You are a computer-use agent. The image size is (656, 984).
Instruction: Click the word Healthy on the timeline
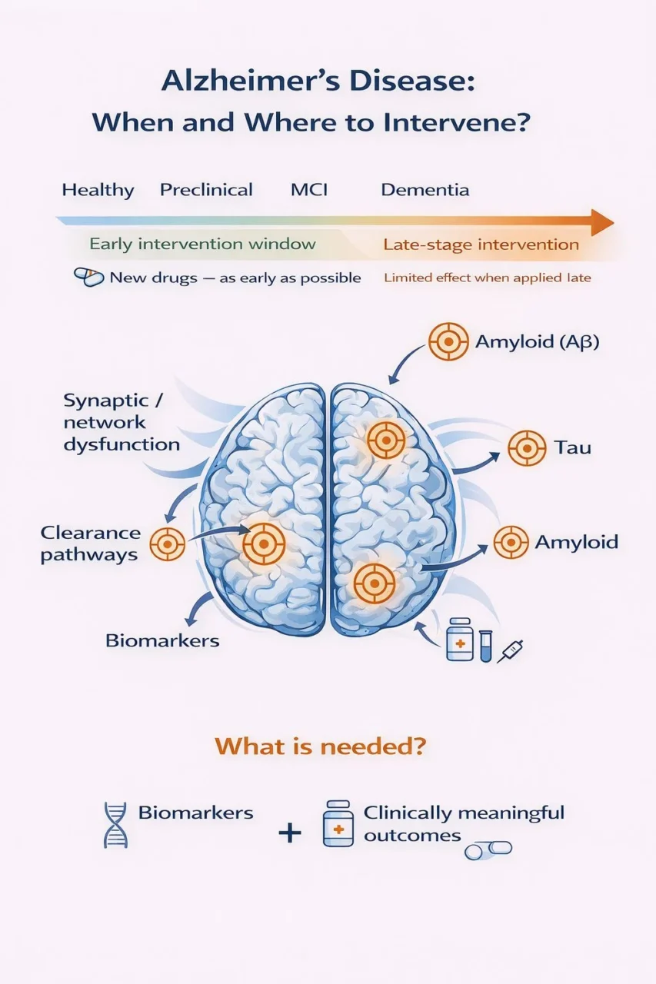pyautogui.click(x=98, y=190)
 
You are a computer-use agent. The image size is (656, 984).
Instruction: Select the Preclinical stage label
pyautogui.click(x=206, y=190)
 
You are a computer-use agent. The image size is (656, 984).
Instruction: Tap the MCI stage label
pyautogui.click(x=308, y=190)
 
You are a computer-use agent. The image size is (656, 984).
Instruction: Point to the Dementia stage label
pyautogui.click(x=425, y=190)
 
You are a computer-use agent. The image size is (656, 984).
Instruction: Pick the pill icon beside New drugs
pyautogui.click(x=88, y=278)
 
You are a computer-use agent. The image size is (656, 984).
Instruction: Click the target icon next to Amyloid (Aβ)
pyautogui.click(x=448, y=341)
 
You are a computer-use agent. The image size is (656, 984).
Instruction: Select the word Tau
pyautogui.click(x=572, y=447)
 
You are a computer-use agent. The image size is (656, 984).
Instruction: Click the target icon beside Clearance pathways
pyautogui.click(x=167, y=544)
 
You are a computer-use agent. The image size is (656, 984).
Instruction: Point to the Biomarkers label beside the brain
pyautogui.click(x=162, y=640)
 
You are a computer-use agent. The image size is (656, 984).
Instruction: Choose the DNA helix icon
pyautogui.click(x=115, y=825)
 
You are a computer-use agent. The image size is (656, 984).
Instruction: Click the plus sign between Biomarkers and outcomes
pyautogui.click(x=290, y=832)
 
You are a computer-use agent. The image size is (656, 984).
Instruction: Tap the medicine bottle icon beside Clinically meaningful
pyautogui.click(x=338, y=823)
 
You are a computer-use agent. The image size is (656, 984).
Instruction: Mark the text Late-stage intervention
pyautogui.click(x=481, y=245)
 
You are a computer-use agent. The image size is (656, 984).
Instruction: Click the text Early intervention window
pyautogui.click(x=202, y=244)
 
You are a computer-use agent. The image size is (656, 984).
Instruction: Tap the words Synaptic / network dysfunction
pyautogui.click(x=122, y=422)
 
